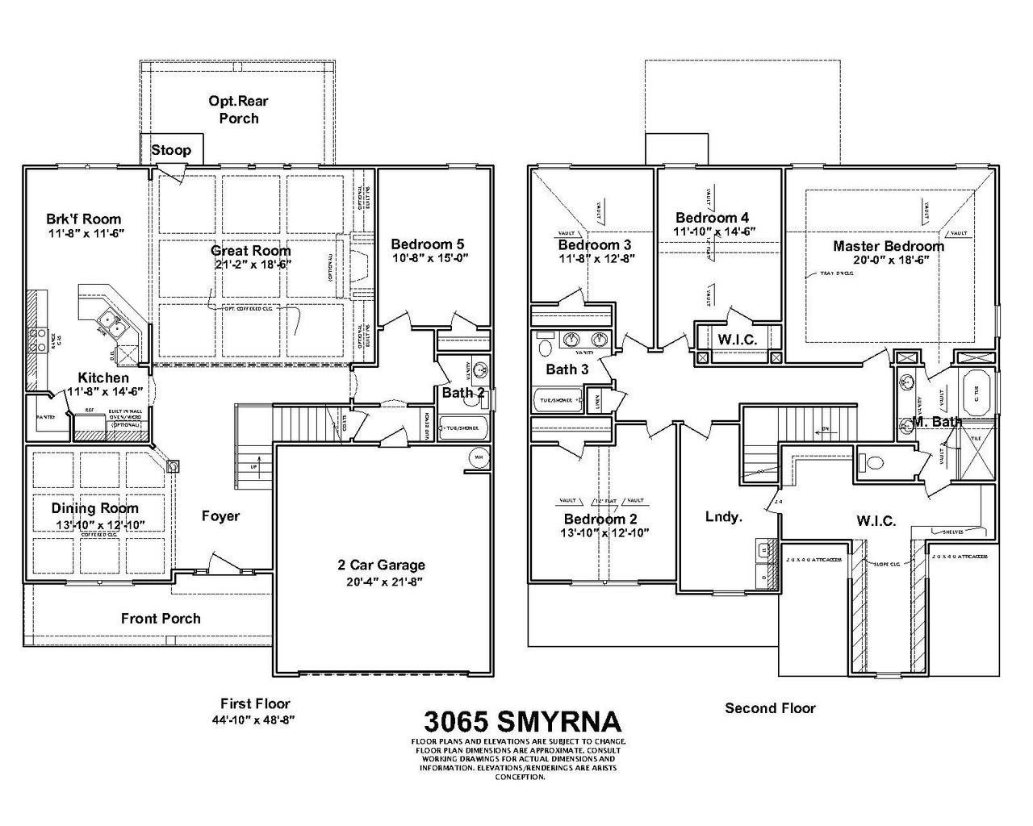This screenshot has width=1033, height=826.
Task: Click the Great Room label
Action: (x=250, y=250)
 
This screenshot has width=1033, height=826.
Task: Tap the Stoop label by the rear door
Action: (x=171, y=150)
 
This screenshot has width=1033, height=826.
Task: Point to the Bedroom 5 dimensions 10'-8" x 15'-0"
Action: (x=429, y=258)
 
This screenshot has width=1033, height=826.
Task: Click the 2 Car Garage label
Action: (x=381, y=565)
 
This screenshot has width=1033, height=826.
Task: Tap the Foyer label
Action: (x=220, y=515)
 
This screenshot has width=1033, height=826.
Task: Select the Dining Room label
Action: (x=94, y=508)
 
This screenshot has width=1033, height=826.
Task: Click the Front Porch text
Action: (x=161, y=619)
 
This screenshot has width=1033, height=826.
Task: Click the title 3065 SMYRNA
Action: (x=522, y=720)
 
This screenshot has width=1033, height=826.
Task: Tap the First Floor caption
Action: (x=255, y=703)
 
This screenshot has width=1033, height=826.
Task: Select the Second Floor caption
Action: (x=770, y=708)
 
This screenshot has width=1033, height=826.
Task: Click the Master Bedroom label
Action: (x=888, y=246)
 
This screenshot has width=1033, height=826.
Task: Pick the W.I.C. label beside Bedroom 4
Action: (x=737, y=340)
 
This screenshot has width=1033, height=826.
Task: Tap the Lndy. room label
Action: (x=723, y=517)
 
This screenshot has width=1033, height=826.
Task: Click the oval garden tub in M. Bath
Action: (x=977, y=393)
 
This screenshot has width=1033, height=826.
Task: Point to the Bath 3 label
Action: (x=567, y=369)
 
